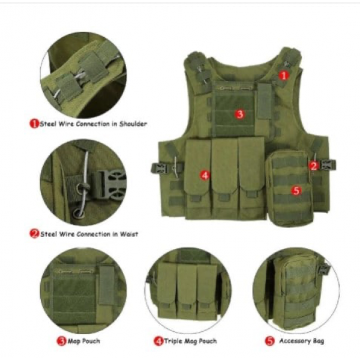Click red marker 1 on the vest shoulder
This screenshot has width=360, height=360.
[x=284, y=76]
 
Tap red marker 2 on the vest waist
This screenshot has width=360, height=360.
[x=314, y=166]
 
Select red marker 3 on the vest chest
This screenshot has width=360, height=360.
[x=240, y=113]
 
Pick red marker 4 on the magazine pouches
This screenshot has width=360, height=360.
[x=205, y=175]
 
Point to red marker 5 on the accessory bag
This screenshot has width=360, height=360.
[x=296, y=191]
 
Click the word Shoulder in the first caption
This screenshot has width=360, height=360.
[x=133, y=124]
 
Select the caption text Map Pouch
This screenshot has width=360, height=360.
[x=84, y=341]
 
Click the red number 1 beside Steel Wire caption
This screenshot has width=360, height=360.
[x=34, y=124]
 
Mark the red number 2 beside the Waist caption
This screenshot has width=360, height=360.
[x=34, y=234]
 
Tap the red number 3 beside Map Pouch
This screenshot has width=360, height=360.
[x=62, y=341]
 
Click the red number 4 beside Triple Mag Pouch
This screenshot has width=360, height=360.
[x=158, y=341]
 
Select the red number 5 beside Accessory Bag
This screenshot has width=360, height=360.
[x=270, y=341]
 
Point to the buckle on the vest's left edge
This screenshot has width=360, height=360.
[x=157, y=168]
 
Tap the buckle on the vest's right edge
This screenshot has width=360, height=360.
[x=329, y=165]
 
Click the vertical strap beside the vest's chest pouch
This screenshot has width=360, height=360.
[x=264, y=101]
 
